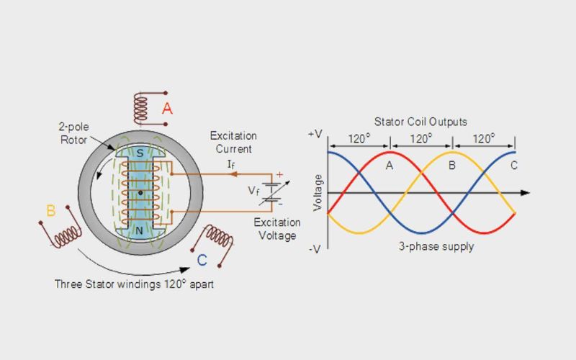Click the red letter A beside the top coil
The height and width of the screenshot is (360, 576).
167,109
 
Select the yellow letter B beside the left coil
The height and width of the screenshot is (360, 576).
50,211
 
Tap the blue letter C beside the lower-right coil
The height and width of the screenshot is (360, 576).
202,260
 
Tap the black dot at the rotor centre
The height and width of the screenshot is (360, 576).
140,193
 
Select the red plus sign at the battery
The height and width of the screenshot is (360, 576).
279,174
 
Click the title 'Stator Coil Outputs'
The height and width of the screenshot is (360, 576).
420,122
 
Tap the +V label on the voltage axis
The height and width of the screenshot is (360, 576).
315,135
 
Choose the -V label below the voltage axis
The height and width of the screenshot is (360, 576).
315,249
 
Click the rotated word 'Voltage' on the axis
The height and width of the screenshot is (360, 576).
318,193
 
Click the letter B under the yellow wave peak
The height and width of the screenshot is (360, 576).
452,166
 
